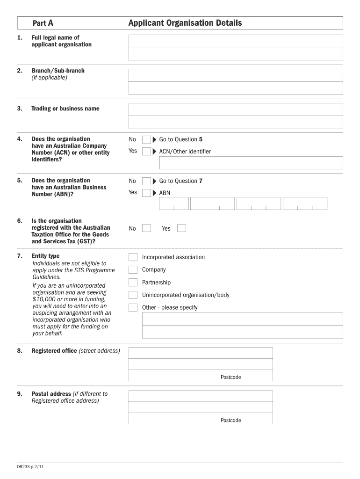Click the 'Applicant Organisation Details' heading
point(185,23)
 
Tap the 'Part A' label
point(43,23)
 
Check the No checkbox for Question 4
point(146,139)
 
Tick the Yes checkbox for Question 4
point(146,151)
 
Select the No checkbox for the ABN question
point(146,181)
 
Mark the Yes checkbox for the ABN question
point(146,193)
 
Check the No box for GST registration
point(147,228)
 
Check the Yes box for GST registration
point(181,228)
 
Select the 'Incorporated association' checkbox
point(133,257)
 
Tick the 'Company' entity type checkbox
point(133,270)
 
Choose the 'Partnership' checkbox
point(133,283)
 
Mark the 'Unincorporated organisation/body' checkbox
point(133,295)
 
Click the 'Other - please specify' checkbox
point(133,308)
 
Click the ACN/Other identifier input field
point(251,163)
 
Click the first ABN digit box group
point(174,203)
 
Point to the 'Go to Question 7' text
point(181,181)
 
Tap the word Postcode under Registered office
point(231,377)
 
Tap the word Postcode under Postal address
point(231,420)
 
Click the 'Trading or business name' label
point(65,109)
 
